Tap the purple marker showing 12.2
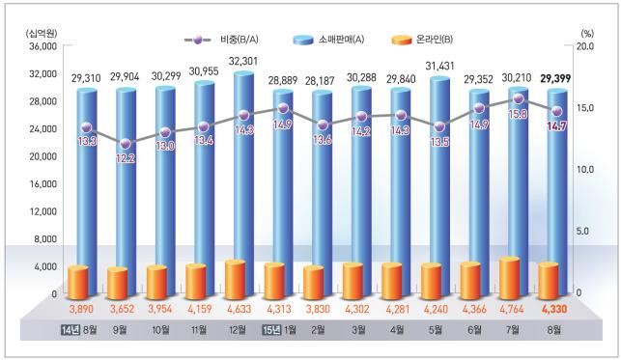click(x=127, y=145)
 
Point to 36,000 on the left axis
click(x=42, y=45)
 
